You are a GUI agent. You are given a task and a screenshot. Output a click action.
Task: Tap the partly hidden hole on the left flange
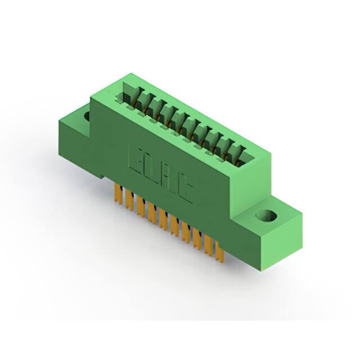87,116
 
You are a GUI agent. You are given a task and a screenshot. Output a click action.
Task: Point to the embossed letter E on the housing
137,159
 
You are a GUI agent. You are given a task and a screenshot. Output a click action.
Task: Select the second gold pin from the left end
129,200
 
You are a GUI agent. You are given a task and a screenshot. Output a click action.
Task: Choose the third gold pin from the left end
141,206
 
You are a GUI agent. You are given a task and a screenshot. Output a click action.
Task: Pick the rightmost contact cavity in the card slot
239,154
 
